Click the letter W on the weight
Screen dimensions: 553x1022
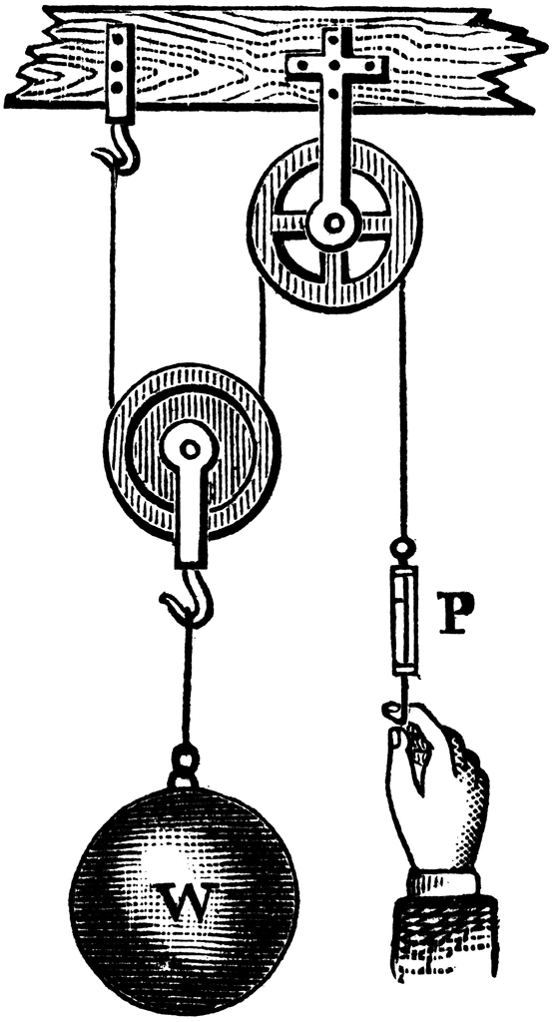pos(186,901)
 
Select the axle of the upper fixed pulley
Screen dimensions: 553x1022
pos(334,224)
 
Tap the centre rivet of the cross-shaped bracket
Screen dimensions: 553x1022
pos(333,65)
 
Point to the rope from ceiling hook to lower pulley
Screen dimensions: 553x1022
pos(113,286)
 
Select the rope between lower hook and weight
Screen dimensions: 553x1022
pos(188,685)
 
